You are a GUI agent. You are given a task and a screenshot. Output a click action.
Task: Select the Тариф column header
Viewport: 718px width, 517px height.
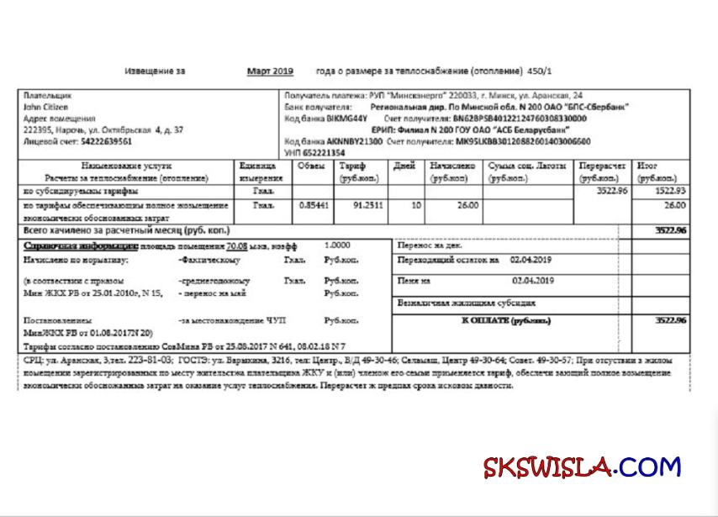[352, 166]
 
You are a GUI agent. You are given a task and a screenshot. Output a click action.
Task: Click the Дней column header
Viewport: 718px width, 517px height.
[404, 166]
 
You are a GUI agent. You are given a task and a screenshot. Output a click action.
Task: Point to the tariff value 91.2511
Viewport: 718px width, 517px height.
[368, 205]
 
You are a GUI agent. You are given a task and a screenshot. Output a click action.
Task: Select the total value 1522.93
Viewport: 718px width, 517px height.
[669, 192]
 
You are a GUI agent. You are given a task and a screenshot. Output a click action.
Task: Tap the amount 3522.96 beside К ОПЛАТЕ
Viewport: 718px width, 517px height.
[670, 320]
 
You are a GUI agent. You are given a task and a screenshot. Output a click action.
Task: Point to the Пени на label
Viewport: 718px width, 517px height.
[414, 280]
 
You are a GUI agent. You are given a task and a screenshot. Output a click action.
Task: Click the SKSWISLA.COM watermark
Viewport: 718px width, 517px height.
[582, 467]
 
